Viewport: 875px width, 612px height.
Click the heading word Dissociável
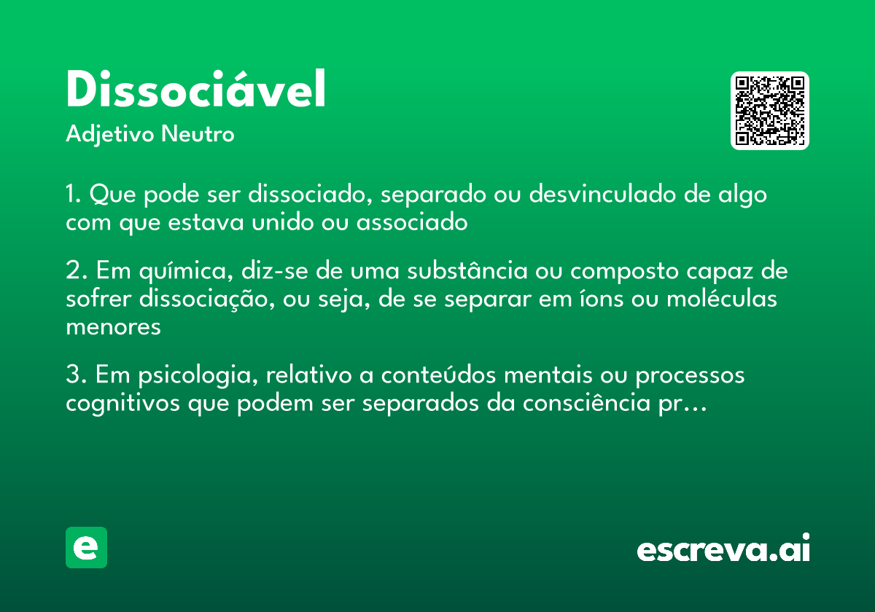[x=195, y=90]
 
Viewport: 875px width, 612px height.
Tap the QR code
[x=770, y=111]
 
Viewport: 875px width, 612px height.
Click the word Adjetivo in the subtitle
[x=110, y=135]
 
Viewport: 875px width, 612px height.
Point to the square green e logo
[x=86, y=547]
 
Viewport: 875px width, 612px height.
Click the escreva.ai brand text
[x=723, y=549]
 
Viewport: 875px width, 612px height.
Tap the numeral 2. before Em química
[x=74, y=271]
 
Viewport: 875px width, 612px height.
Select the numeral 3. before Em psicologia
[x=74, y=376]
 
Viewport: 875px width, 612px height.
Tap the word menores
[x=113, y=326]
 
